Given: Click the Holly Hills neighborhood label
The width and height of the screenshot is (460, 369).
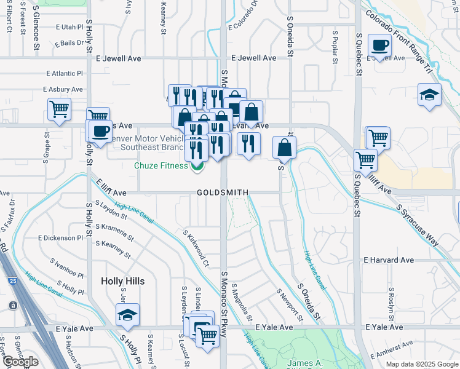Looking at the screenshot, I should [x=122, y=281].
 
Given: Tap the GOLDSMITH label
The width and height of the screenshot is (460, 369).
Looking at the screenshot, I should [x=223, y=192].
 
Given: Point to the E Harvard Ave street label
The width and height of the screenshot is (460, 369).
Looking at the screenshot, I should [x=389, y=260].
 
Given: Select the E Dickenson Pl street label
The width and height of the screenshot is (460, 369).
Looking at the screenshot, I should [x=60, y=237].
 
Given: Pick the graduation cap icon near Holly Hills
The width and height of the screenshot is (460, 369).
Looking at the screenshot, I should [x=127, y=315].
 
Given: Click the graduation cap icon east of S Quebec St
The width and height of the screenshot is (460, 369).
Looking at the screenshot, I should [x=429, y=95].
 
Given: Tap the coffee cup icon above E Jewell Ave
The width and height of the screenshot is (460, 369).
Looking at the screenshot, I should [x=379, y=46].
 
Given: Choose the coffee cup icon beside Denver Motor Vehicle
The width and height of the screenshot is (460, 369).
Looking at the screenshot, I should [x=100, y=130].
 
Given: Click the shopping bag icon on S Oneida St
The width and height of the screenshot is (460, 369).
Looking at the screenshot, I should [x=285, y=148].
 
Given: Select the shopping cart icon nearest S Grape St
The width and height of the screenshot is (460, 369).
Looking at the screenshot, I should [x=59, y=109].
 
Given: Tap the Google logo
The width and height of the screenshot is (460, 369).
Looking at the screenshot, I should [x=21, y=362].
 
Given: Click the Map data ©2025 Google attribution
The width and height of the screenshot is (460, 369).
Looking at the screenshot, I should [x=421, y=364].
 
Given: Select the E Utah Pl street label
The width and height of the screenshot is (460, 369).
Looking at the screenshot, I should [x=69, y=27].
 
